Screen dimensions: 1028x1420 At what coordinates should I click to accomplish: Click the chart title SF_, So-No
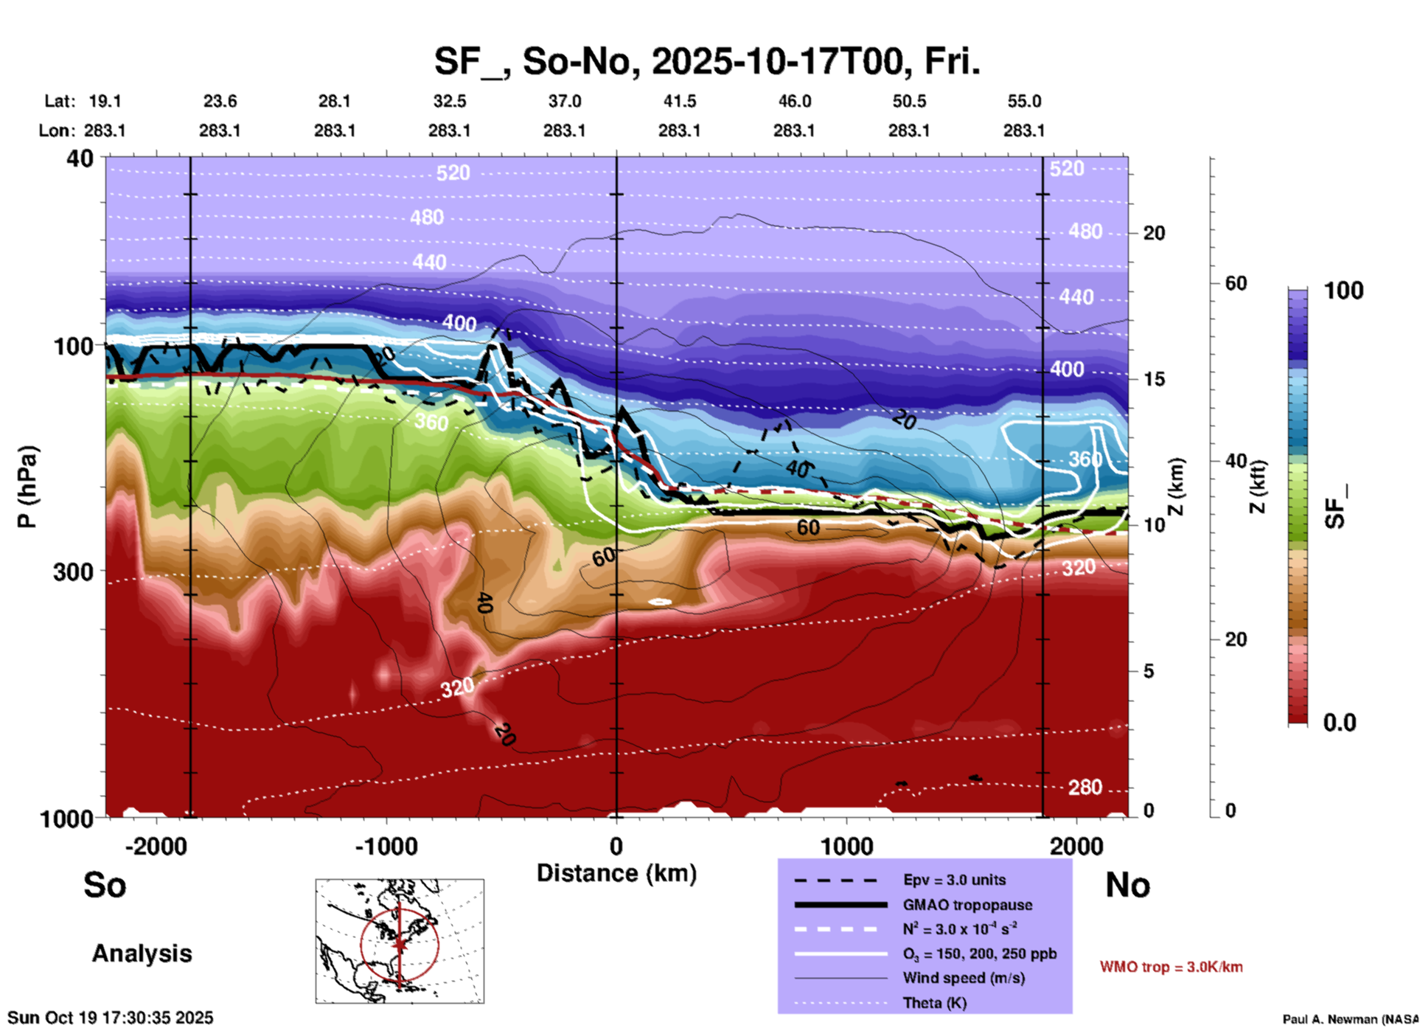coord(706,61)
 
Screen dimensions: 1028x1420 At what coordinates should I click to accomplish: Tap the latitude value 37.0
coord(564,101)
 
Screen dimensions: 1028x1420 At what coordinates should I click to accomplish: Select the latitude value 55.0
coord(1024,101)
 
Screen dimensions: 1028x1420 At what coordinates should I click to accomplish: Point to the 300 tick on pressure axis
coord(73,572)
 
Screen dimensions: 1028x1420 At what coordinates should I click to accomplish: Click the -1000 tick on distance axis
coord(386,847)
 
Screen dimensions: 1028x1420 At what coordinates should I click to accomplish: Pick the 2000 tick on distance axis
coord(1076,847)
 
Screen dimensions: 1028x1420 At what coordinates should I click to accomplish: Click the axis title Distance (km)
coord(616,873)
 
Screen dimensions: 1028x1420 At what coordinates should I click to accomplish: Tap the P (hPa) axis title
coord(27,487)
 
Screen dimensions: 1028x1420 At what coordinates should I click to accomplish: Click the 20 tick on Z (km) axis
coord(1154,233)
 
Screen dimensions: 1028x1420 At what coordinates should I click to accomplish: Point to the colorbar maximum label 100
coord(1343,291)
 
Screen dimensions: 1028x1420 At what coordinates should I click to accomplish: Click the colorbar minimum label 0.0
coord(1340,722)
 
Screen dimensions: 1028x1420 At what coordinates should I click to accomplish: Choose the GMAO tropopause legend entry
coord(967,905)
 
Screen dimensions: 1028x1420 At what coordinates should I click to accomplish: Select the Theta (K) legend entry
coord(934,1003)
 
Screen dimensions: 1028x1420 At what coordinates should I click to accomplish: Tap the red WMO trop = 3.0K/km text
coord(1171,967)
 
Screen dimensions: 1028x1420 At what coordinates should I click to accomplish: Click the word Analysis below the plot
coord(142,954)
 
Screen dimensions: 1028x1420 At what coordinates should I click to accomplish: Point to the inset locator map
coord(400,941)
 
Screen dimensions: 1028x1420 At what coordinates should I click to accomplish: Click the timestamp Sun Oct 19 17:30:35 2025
coord(111,1018)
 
